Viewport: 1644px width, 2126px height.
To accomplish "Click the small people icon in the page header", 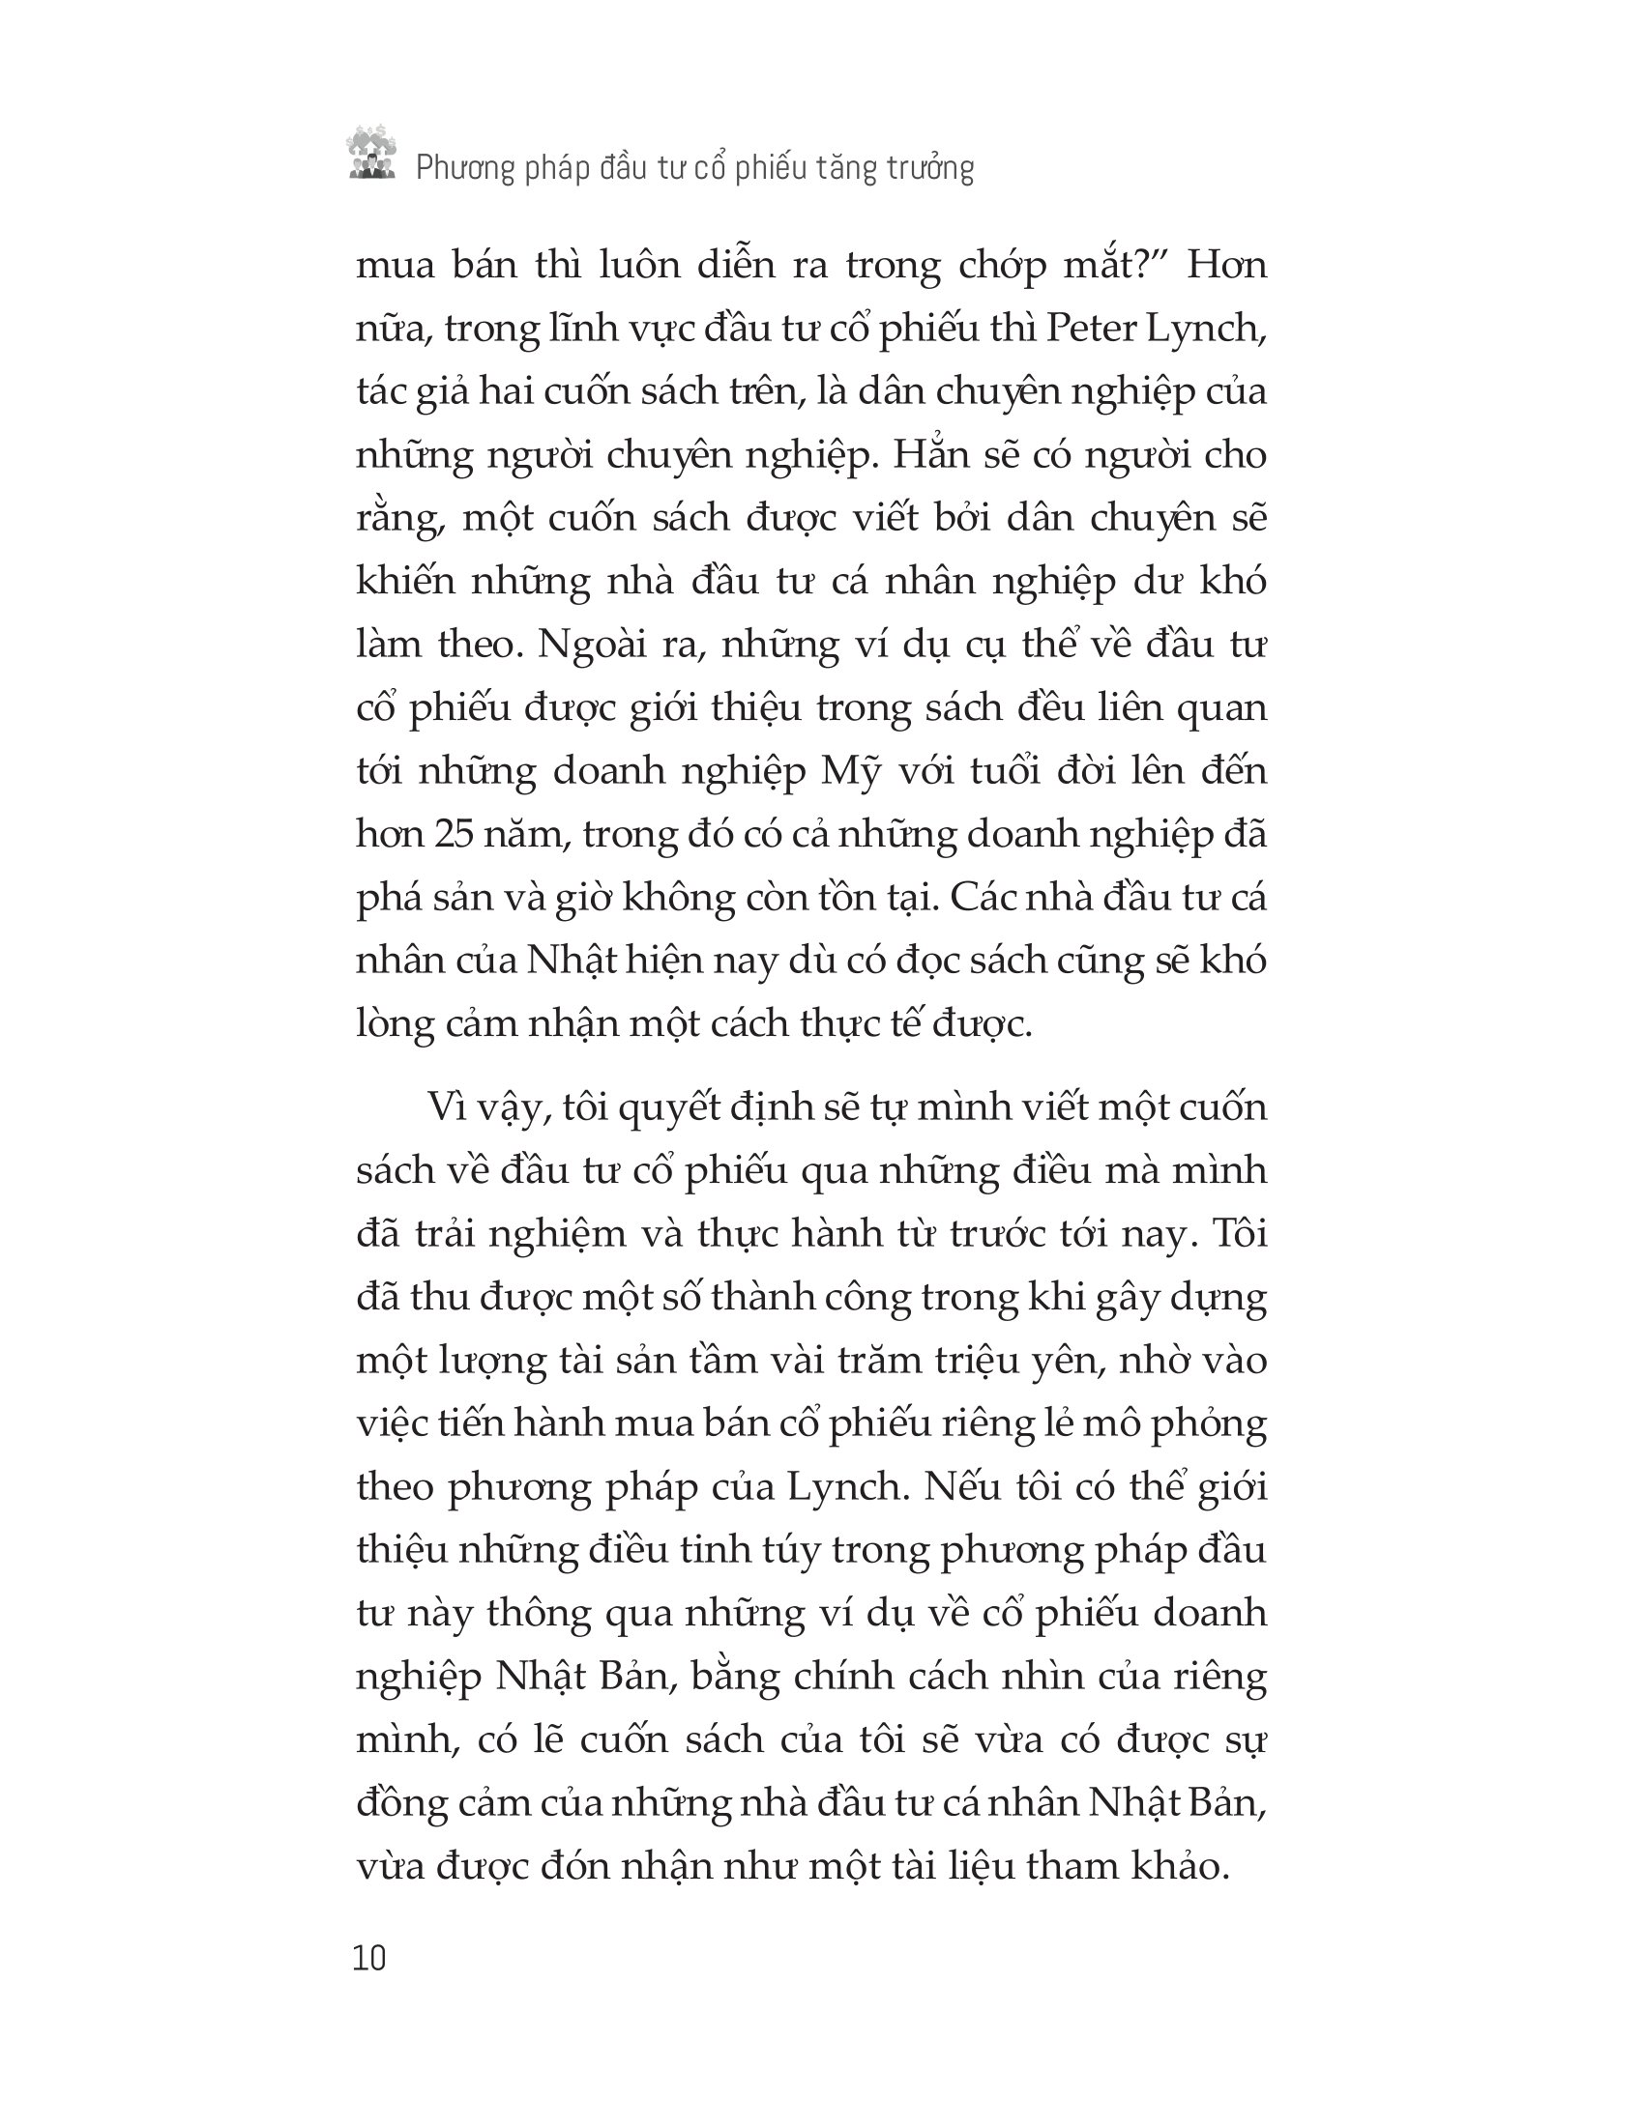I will (x=371, y=155).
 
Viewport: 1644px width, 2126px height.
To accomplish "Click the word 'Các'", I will (x=984, y=898).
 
